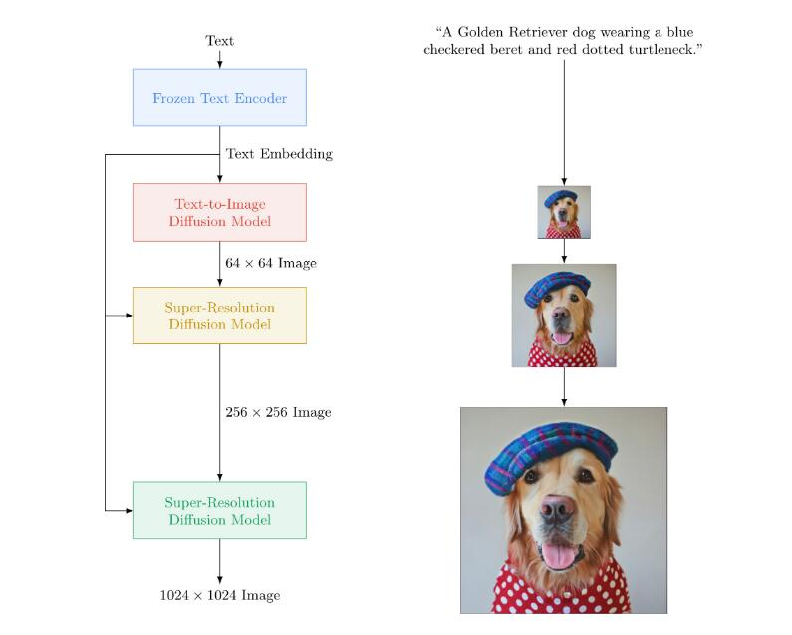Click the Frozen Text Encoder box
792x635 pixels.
(220, 98)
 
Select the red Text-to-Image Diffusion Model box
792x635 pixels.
(220, 213)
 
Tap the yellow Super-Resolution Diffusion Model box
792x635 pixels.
(220, 316)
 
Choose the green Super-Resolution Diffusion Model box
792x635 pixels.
(220, 511)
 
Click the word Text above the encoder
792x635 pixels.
(220, 41)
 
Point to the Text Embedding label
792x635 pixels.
(279, 154)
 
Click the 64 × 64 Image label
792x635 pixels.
(271, 263)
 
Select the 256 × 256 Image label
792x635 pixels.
(278, 412)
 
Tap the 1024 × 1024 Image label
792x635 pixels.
(220, 595)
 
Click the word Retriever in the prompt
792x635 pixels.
(538, 32)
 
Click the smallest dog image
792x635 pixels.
(564, 212)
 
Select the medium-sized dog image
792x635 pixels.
(564, 316)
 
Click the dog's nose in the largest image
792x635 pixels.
(557, 508)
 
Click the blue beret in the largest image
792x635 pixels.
(551, 453)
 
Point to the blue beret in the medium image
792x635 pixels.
(557, 288)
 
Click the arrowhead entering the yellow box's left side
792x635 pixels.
(130, 316)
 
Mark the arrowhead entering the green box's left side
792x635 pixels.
(130, 511)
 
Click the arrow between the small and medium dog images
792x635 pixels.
(564, 251)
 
